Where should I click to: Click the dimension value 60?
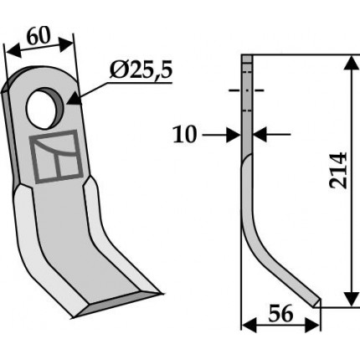[39, 37]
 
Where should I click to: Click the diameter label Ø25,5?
[141, 70]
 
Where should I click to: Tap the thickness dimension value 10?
[185, 135]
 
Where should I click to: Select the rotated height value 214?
[338, 170]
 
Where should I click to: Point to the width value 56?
[280, 314]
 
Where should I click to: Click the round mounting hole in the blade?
[45, 108]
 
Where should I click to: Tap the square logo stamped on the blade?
[57, 157]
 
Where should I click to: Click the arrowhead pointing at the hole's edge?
[74, 99]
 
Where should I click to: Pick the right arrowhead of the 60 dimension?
[66, 44]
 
